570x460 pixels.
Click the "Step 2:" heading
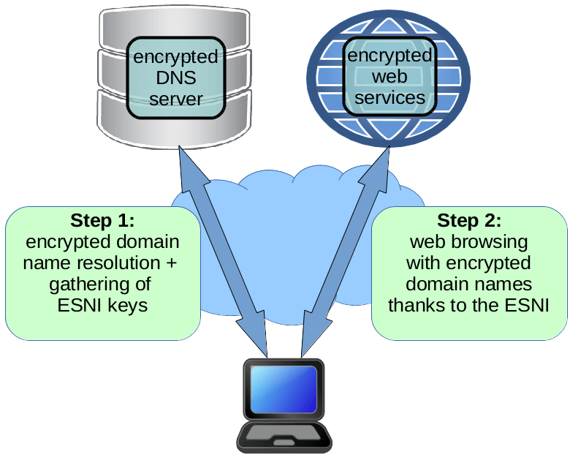coord(469,220)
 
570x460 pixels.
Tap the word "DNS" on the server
coord(175,78)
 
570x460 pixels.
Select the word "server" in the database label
coord(175,99)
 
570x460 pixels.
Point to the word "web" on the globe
coord(387,77)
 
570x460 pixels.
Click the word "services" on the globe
coord(387,97)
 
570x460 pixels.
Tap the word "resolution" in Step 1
coord(120,263)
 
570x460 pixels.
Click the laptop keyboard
coord(284,434)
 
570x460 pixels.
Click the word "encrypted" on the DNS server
coord(175,56)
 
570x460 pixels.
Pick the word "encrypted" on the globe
coord(388,56)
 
